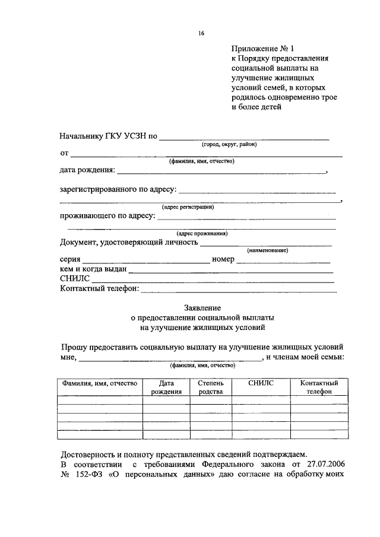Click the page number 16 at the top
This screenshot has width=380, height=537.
tap(201, 34)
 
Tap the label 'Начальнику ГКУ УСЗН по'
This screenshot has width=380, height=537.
tap(108, 136)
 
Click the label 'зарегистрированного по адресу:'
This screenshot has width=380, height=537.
tap(118, 190)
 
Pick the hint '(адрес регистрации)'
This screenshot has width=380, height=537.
tap(188, 207)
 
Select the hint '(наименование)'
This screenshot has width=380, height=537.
tap(267, 251)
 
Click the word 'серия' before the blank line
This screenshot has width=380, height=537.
tap(70, 260)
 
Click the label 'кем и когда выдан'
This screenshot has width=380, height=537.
tap(93, 270)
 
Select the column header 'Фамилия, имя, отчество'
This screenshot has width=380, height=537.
tap(100, 383)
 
